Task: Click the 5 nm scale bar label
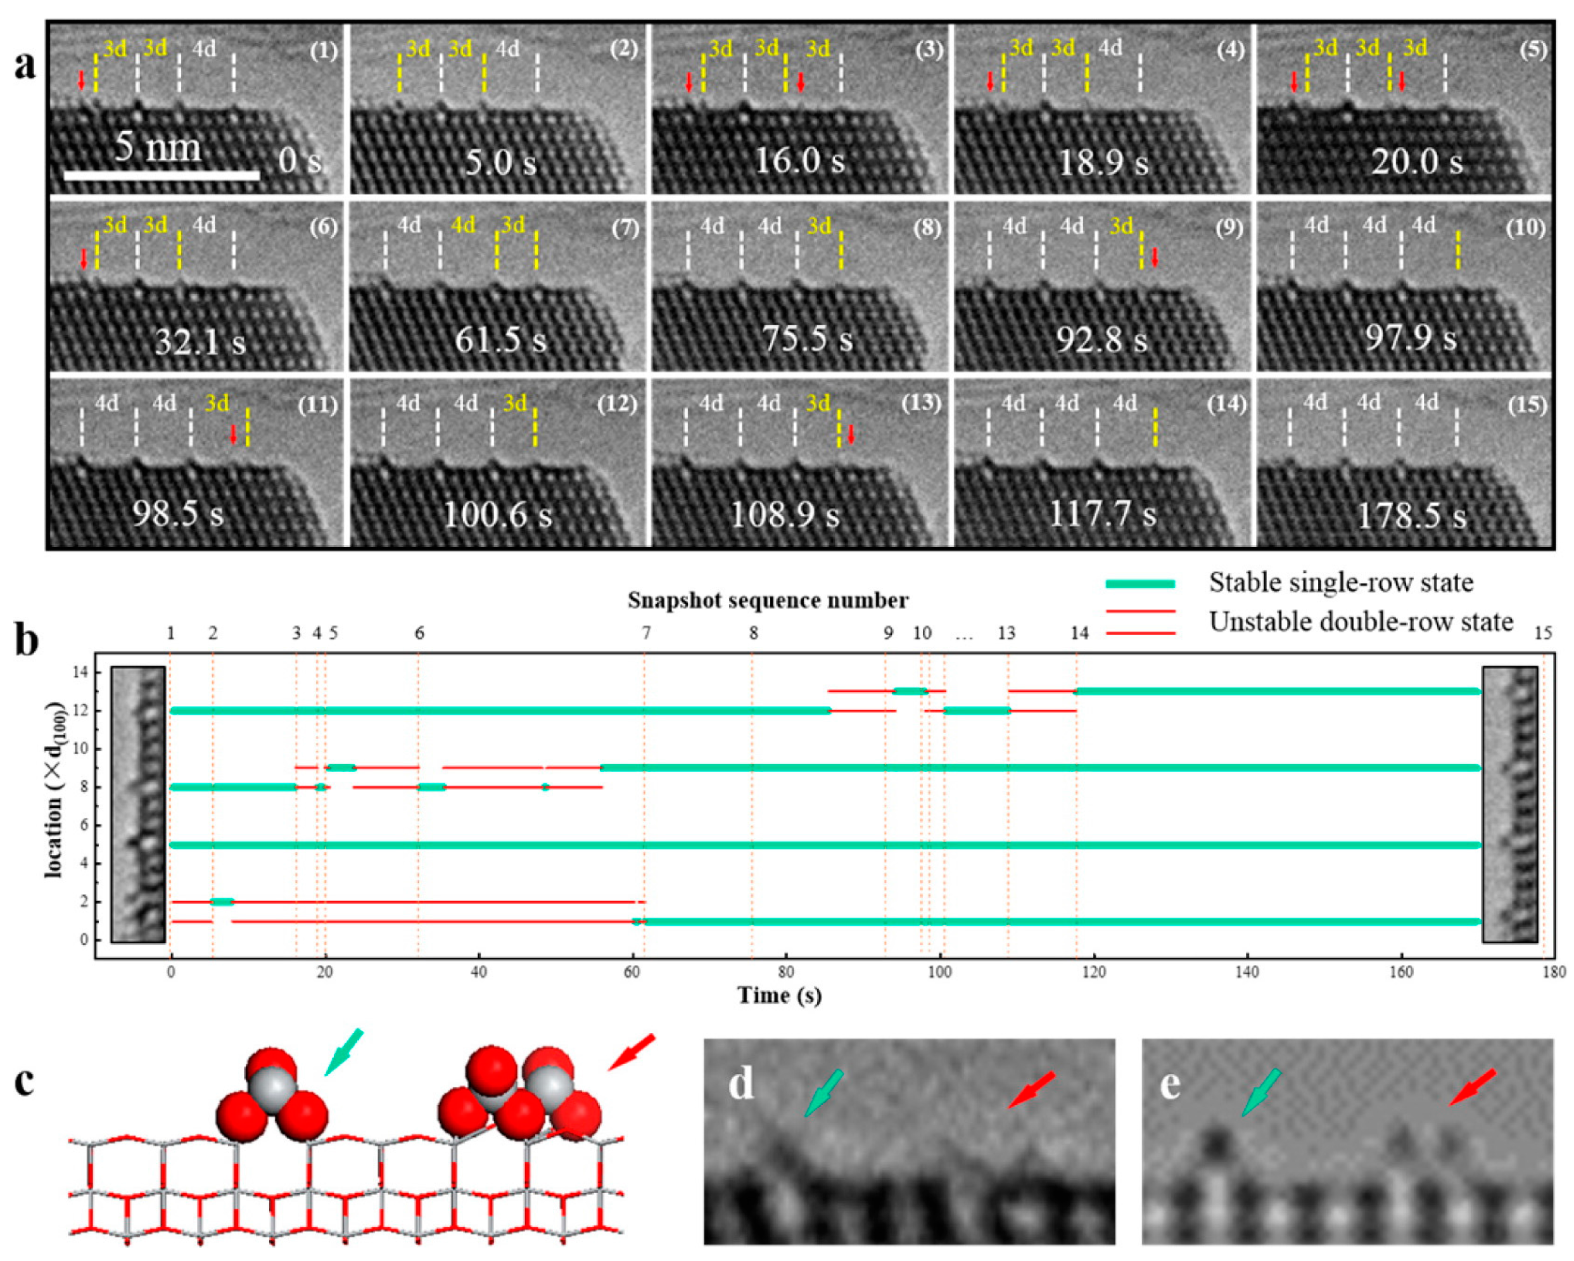(x=158, y=148)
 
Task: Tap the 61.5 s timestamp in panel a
(x=500, y=340)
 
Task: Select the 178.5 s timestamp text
(x=1411, y=516)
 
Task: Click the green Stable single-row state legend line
(x=1140, y=584)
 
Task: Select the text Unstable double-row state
(x=1361, y=622)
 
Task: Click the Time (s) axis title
(x=779, y=995)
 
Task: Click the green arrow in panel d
(x=823, y=1093)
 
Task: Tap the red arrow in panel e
(x=1472, y=1087)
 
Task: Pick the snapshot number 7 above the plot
(x=645, y=633)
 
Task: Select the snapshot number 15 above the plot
(x=1542, y=633)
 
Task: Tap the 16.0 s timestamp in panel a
(x=799, y=161)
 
